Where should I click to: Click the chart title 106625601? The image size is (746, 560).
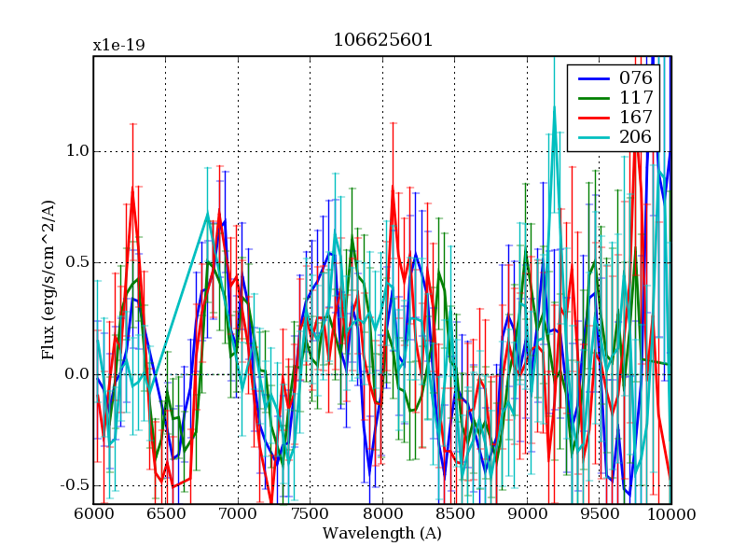(382, 41)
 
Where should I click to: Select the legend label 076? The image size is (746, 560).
(635, 77)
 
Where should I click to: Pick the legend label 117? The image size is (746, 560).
(635, 97)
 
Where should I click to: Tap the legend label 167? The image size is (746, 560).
(635, 118)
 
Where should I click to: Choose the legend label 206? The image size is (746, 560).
(635, 137)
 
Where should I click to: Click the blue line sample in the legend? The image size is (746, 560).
(592, 77)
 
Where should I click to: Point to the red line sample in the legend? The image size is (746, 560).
(592, 118)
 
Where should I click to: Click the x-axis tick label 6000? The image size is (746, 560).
(93, 514)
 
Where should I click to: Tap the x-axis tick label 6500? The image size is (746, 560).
(166, 514)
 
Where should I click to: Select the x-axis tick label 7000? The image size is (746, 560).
(238, 514)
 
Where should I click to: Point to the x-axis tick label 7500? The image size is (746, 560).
(311, 514)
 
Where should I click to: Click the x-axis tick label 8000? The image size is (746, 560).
(382, 514)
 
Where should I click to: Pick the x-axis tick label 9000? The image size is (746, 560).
(527, 514)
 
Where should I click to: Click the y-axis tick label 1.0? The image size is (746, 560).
(77, 151)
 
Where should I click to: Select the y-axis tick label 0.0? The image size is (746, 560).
(77, 374)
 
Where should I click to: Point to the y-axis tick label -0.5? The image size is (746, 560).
(76, 485)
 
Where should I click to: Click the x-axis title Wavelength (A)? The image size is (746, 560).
(382, 534)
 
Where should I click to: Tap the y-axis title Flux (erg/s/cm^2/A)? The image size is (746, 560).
(48, 280)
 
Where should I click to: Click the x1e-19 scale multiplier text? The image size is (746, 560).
(118, 46)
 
